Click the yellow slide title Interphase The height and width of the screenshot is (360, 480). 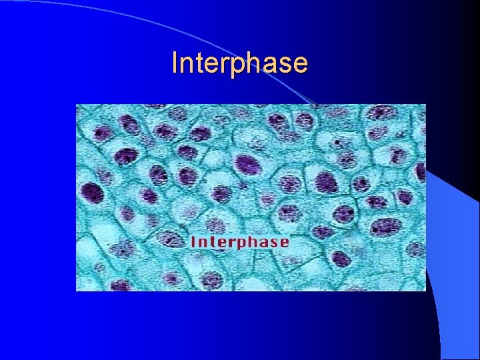[239, 63]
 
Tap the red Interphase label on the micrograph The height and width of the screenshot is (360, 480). [239, 241]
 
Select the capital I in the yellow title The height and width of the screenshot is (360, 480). [175, 63]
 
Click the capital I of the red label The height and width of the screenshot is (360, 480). [193, 241]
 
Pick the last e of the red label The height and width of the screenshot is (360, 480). [284, 241]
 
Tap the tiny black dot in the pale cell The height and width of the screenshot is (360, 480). [338, 142]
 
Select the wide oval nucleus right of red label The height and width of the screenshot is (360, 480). [385, 227]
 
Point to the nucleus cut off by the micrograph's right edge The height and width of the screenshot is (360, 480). [421, 172]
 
